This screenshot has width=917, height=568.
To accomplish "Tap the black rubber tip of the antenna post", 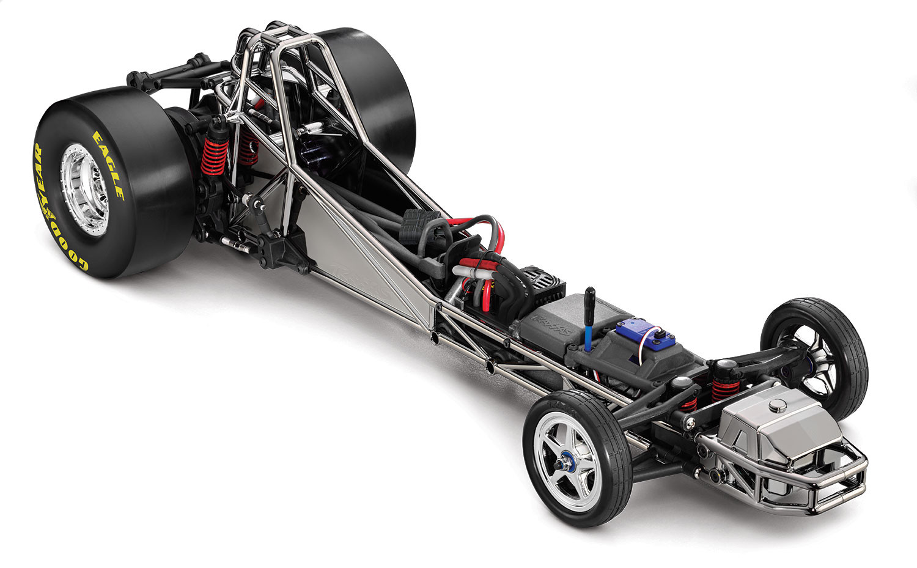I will point(591,297).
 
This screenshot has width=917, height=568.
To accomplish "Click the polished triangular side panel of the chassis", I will point(355,257).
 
